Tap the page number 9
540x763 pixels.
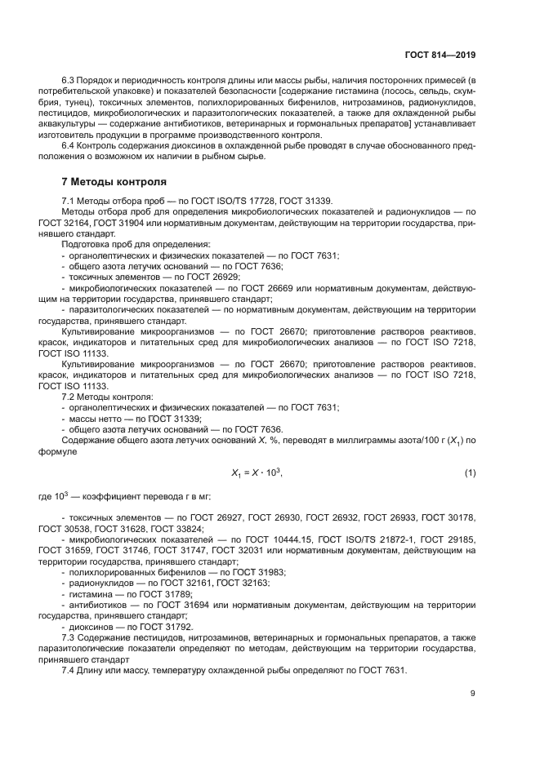[x=472, y=694]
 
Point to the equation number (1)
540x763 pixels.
[x=470, y=473]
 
